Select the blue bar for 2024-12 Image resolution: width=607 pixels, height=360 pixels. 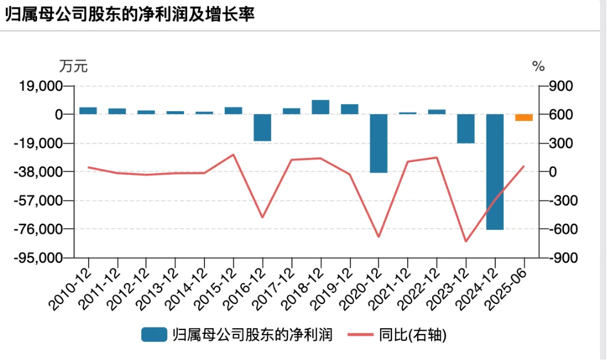(495, 171)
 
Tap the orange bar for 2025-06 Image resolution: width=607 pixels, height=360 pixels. (524, 117)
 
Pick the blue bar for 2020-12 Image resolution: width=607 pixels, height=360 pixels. (378, 143)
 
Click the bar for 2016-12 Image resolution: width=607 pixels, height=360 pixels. (262, 127)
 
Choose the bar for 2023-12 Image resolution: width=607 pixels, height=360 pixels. (466, 128)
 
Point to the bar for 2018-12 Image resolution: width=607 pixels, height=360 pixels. (320, 107)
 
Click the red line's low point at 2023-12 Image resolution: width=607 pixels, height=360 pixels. (466, 241)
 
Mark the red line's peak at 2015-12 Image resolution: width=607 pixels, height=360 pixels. (233, 155)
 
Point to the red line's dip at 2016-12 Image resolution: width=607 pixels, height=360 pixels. (262, 218)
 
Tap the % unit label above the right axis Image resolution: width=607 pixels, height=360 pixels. (539, 66)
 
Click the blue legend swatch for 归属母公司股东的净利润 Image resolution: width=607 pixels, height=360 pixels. (153, 335)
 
